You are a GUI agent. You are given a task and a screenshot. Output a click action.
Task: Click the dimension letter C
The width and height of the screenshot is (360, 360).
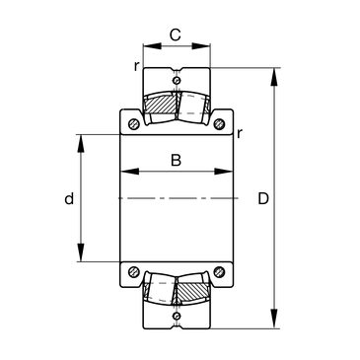[x=176, y=35]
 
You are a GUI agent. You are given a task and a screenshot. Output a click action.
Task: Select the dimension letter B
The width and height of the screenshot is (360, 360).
[x=176, y=160]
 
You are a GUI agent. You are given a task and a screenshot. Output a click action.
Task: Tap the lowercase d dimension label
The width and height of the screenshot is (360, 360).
[x=69, y=198]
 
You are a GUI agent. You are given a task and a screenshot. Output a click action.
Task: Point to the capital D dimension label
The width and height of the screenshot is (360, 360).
[x=263, y=198]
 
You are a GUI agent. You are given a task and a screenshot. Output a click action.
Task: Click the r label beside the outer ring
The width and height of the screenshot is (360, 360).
[x=136, y=66]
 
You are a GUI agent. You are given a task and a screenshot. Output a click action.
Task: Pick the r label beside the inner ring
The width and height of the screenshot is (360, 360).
[x=240, y=133]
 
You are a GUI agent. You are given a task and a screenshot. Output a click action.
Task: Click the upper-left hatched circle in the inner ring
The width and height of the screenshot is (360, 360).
[x=134, y=124]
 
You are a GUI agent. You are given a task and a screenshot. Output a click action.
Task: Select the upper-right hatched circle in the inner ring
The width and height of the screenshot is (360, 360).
[x=219, y=124]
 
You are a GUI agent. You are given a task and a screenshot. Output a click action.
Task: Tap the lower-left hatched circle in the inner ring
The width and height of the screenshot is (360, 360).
[x=134, y=271]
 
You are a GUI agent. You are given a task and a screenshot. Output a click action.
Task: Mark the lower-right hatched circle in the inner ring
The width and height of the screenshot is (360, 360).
[x=219, y=271]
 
